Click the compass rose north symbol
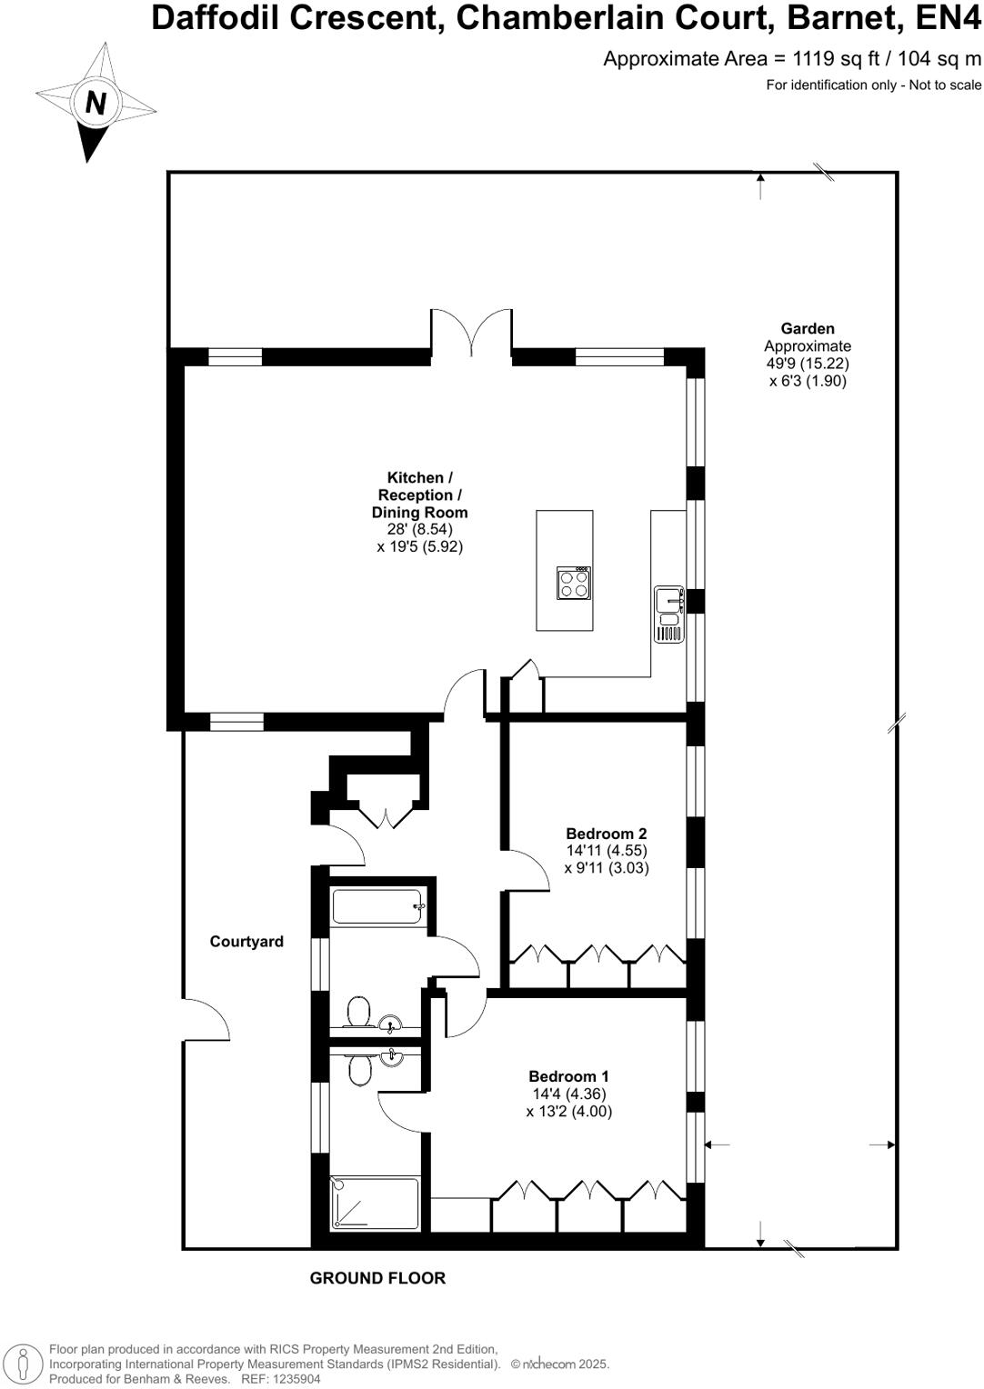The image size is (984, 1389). [x=95, y=104]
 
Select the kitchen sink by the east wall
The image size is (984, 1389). [x=668, y=615]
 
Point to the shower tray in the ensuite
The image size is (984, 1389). [x=376, y=1204]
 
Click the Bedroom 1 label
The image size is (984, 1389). [x=568, y=1076]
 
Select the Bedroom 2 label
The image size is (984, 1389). [x=606, y=834]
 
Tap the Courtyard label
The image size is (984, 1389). [x=246, y=942]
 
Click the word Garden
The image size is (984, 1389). [x=808, y=329]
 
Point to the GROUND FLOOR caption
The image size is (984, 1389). [x=377, y=1278]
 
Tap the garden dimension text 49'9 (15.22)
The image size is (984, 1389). [x=808, y=364]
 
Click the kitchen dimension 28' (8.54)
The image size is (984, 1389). [x=420, y=530]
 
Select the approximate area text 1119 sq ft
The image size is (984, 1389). [x=836, y=59]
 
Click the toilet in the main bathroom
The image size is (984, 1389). [x=359, y=1011]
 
